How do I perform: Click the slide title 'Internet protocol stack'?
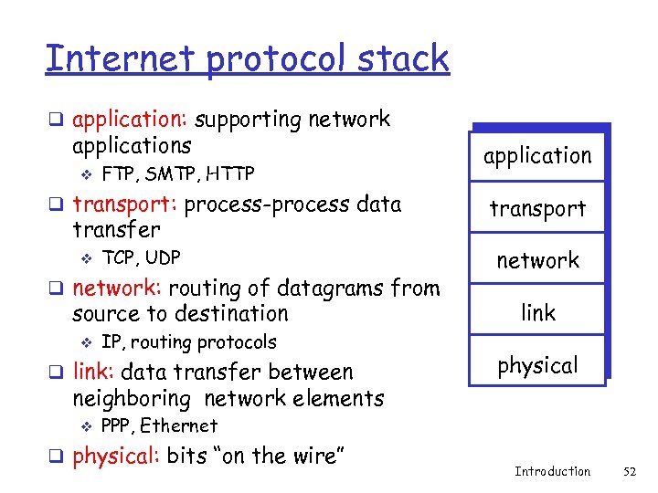click(247, 59)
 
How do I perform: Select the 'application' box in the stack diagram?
click(537, 155)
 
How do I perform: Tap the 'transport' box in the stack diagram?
click(537, 208)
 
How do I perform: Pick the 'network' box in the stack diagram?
click(537, 260)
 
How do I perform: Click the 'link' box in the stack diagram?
click(537, 313)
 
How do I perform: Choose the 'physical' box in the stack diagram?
click(537, 365)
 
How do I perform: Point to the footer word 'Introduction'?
click(552, 471)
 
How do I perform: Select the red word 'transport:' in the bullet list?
click(125, 204)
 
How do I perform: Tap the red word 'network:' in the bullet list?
click(117, 288)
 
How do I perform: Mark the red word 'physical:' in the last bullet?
click(116, 456)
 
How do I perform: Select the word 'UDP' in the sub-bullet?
click(162, 257)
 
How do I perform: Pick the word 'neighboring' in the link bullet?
click(134, 399)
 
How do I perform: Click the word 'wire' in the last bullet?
click(307, 456)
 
